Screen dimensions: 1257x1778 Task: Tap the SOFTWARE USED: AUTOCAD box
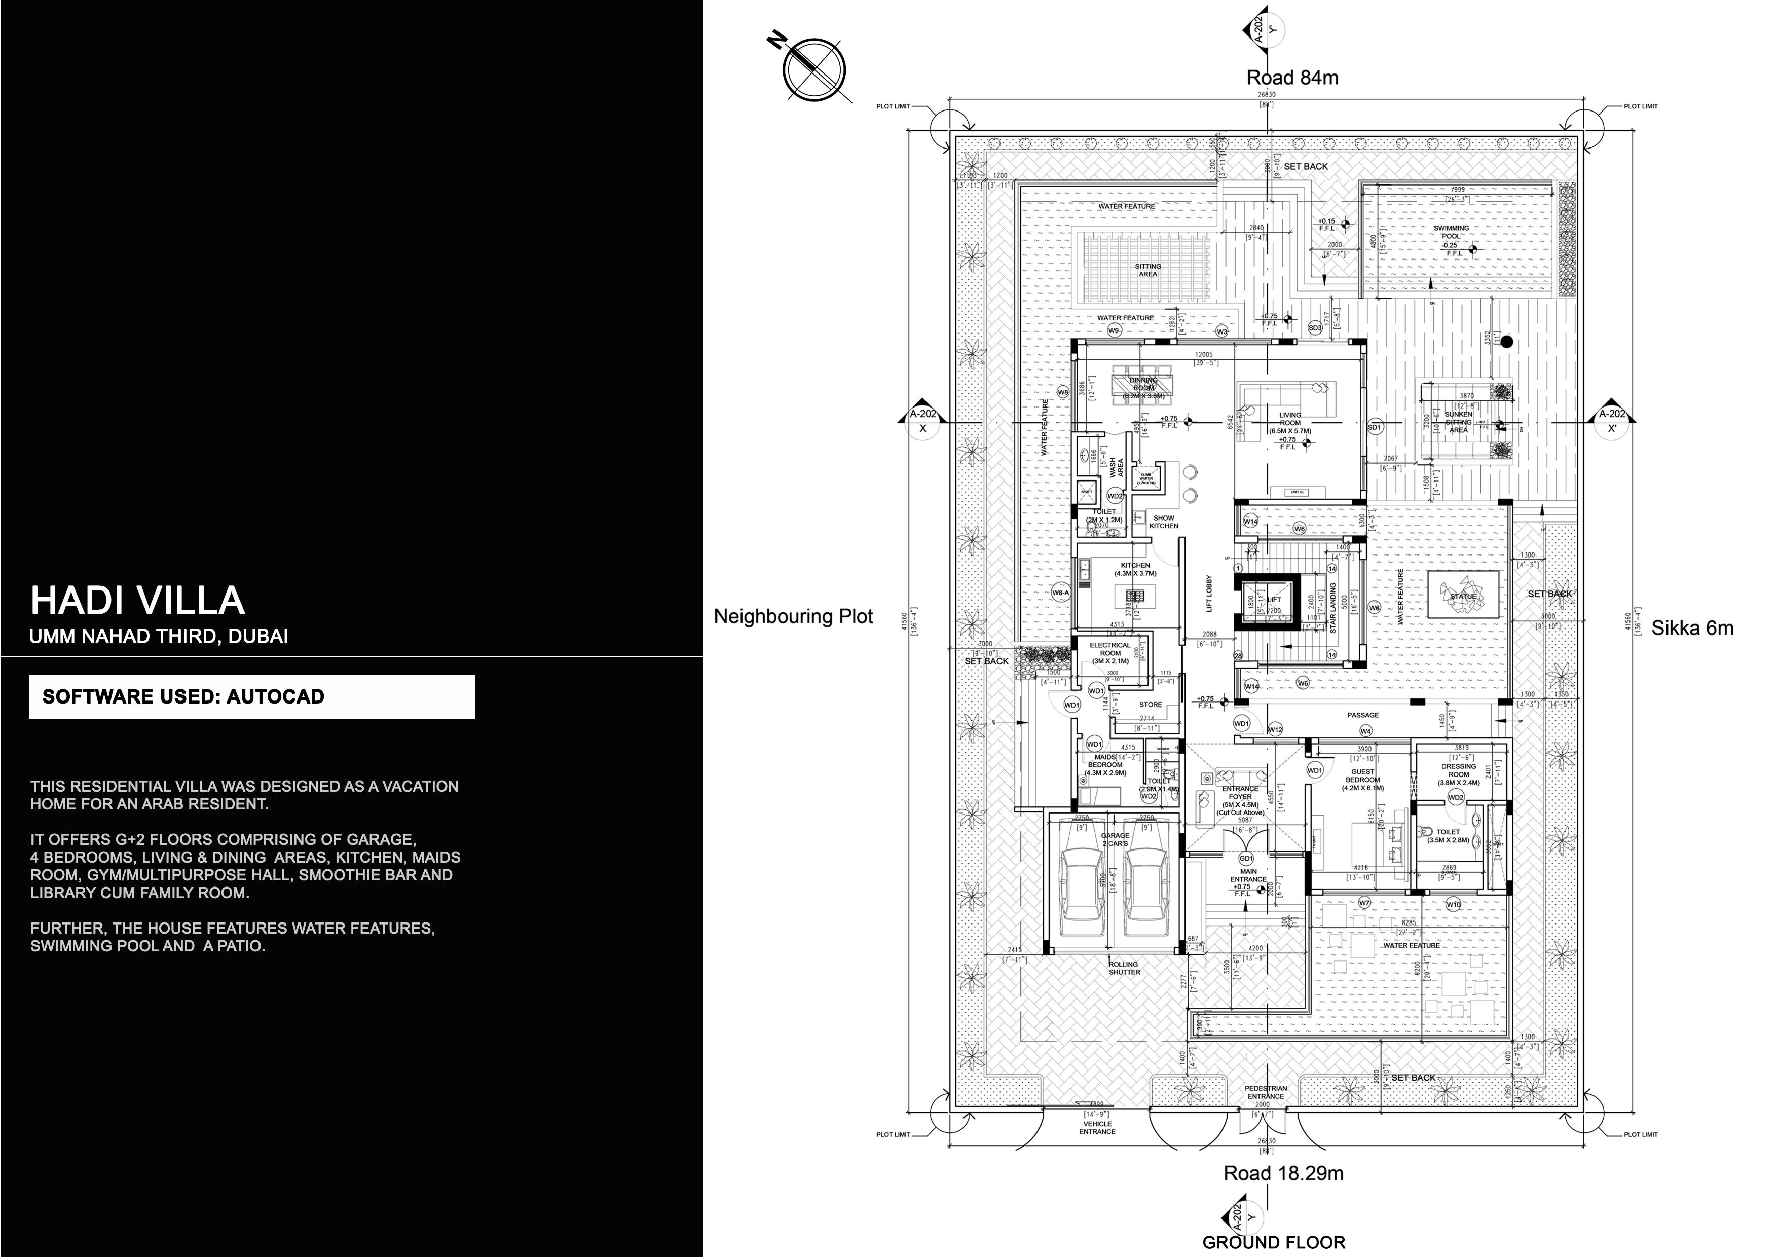[252, 696]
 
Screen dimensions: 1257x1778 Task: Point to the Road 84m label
[1291, 78]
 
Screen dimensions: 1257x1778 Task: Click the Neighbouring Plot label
[793, 616]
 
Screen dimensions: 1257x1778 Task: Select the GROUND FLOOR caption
[1273, 1242]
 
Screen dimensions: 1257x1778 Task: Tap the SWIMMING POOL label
[1451, 232]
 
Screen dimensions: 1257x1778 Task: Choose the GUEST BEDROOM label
[1363, 776]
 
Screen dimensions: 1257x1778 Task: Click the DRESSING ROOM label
[1459, 770]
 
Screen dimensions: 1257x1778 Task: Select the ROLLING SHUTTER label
[1124, 968]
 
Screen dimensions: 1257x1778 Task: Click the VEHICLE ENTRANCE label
[1097, 1128]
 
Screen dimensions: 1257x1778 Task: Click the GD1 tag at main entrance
[1246, 859]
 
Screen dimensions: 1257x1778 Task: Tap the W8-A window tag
[1061, 593]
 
